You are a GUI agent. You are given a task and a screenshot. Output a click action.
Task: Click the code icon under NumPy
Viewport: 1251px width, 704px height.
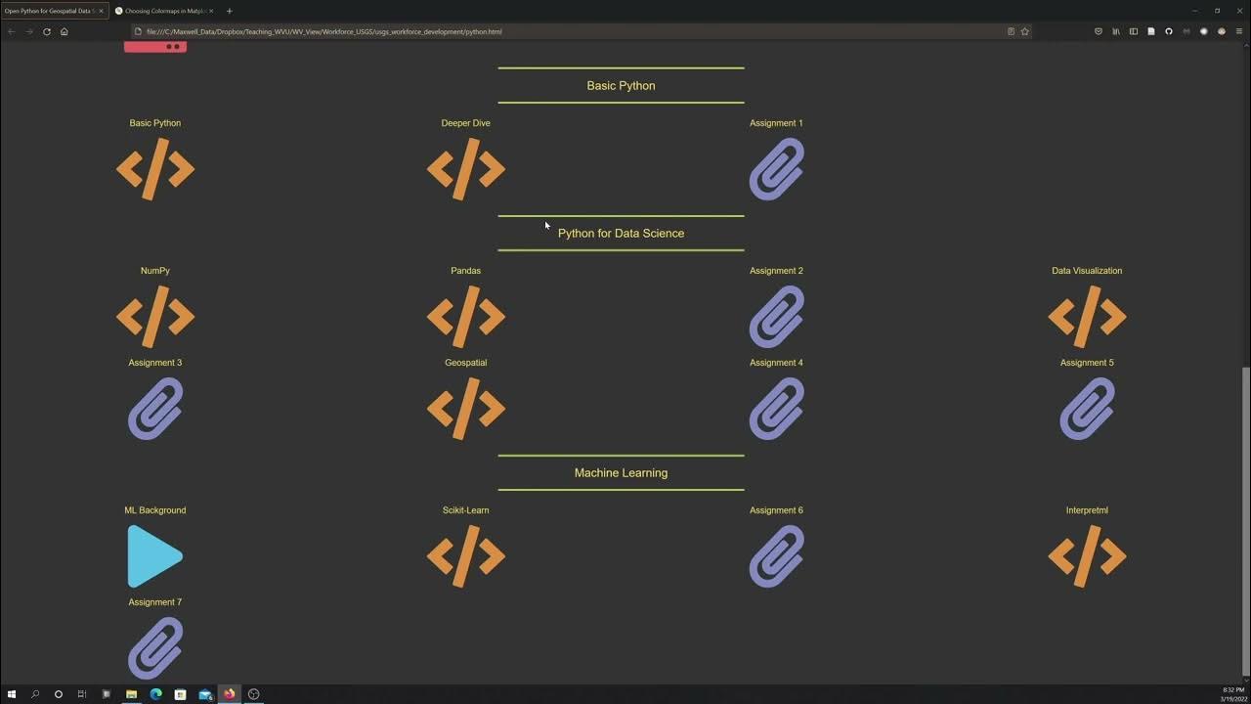pos(155,317)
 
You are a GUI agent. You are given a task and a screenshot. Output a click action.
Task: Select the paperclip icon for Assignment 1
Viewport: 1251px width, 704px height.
pos(776,169)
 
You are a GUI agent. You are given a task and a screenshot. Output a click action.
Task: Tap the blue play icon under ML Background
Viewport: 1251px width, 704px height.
pos(154,556)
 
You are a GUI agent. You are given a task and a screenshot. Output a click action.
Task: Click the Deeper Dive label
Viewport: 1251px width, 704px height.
pos(465,123)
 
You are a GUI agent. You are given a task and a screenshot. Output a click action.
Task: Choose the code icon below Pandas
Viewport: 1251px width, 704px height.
pos(465,317)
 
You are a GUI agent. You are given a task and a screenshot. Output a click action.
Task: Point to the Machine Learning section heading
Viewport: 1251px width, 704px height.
pos(621,473)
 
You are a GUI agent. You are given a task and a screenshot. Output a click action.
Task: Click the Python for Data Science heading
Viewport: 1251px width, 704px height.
pos(621,234)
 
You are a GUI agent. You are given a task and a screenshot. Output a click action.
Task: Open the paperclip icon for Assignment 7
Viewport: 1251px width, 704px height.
pos(155,647)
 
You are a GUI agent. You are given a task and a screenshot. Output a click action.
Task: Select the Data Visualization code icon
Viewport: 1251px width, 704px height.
pos(1087,317)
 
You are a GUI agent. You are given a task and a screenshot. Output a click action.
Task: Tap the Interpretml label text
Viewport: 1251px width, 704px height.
pos(1087,510)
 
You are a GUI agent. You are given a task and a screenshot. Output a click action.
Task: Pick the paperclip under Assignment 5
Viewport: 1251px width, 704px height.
pos(1087,409)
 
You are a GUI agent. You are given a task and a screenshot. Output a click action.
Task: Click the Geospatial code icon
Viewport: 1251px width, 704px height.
pos(465,409)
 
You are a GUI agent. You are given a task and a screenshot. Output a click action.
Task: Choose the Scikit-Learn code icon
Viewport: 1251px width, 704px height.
pos(465,556)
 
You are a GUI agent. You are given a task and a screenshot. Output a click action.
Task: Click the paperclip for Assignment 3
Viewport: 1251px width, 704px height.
pos(155,409)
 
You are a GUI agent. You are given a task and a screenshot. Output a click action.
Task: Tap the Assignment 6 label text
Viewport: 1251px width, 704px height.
pos(776,510)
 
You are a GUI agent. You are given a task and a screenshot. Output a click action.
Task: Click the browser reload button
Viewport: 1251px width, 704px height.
pos(46,31)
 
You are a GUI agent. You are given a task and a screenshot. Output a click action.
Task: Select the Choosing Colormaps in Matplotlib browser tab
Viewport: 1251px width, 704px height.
pos(164,11)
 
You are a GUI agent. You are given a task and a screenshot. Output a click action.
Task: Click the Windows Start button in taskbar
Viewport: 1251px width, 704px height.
pos(12,694)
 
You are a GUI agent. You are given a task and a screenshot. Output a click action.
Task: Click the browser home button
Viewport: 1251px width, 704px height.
pos(65,31)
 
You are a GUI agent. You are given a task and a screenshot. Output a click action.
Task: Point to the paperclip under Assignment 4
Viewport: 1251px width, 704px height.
pos(776,409)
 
